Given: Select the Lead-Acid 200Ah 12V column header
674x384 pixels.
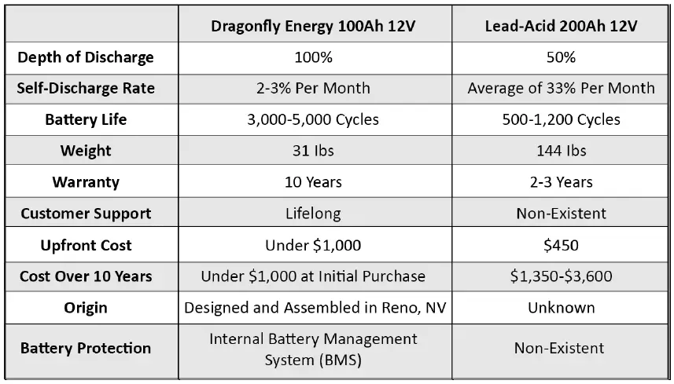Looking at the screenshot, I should click(561, 26).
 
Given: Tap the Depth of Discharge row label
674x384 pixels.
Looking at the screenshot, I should click(86, 57).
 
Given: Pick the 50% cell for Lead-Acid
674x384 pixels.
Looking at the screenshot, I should click(561, 57).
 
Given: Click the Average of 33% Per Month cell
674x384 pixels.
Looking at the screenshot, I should click(561, 88).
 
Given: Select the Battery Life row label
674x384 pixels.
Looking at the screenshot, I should click(86, 119).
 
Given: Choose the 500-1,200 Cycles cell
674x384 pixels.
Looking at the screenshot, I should click(561, 119).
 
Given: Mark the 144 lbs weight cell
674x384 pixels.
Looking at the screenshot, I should click(561, 151).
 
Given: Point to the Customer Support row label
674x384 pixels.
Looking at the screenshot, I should click(86, 214).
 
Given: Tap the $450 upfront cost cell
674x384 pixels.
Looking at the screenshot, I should click(561, 245).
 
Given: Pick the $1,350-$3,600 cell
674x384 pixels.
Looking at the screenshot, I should click(561, 276).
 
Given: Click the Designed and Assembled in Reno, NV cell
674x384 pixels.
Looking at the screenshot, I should click(315, 308).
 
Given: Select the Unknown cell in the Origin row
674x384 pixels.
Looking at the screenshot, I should click(561, 308).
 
